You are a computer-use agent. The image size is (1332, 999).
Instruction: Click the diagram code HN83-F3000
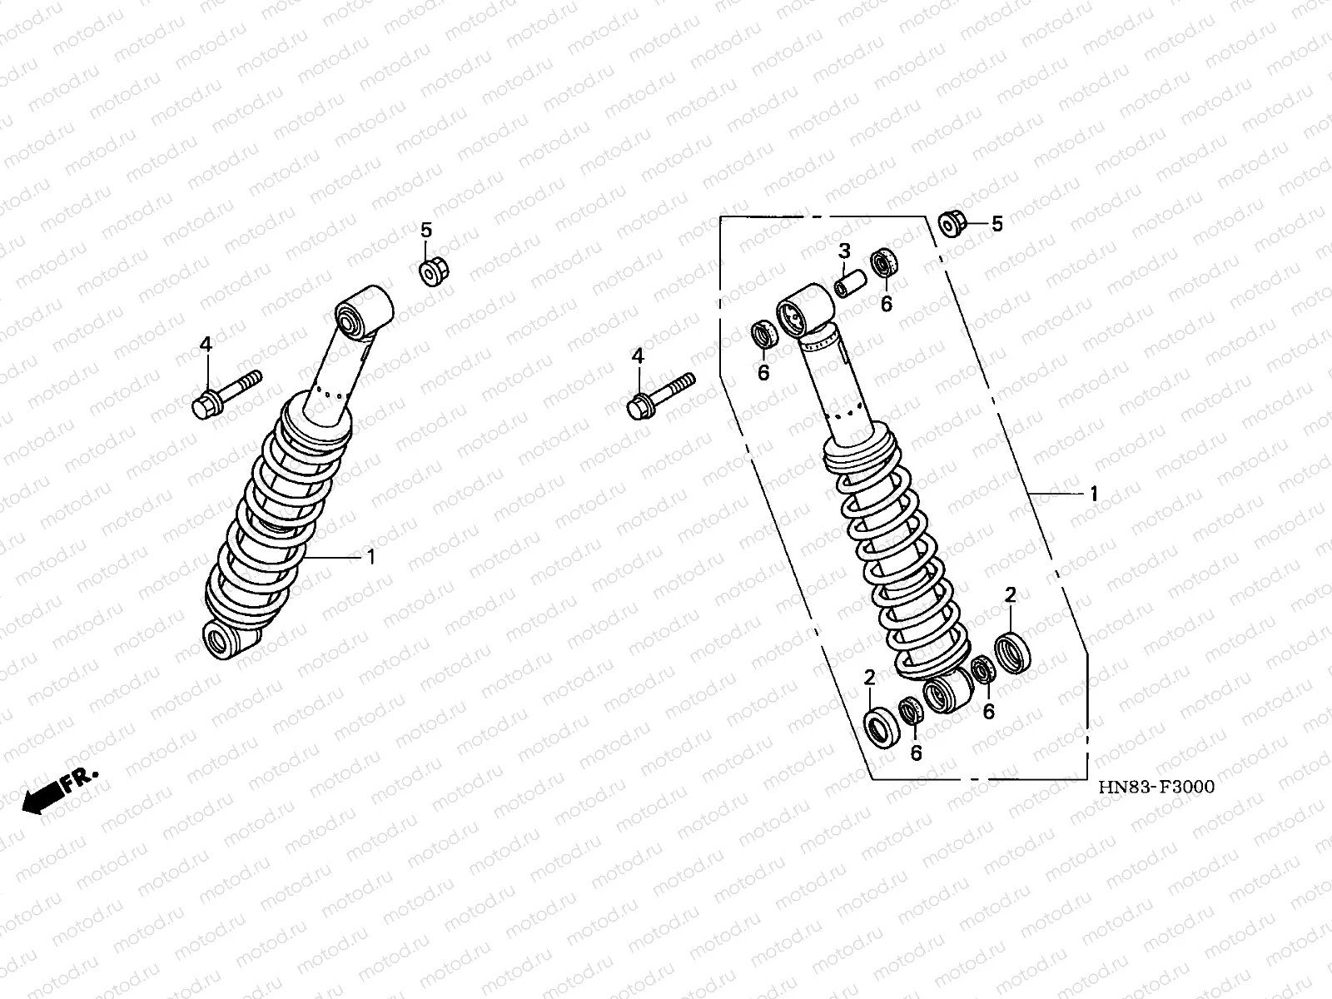tap(1156, 788)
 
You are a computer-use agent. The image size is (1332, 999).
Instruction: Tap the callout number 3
tap(845, 251)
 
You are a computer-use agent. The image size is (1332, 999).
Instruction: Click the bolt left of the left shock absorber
tap(226, 395)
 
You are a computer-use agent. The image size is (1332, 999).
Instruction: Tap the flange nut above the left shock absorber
tap(434, 271)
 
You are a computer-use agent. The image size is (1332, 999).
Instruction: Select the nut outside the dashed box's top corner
tap(952, 224)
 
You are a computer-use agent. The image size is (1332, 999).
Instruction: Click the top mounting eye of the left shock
tap(364, 311)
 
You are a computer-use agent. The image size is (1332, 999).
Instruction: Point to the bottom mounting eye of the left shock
tap(228, 639)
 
